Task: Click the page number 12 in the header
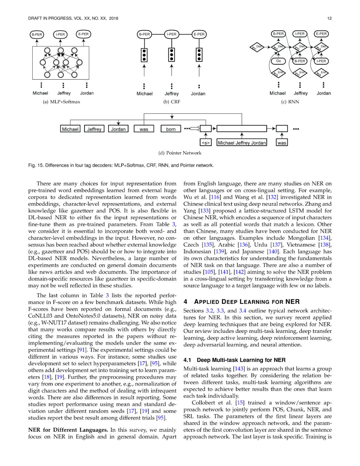click(329, 18)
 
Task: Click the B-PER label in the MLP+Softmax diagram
click(37, 34)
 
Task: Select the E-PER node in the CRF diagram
click(199, 34)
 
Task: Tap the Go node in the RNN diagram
click(278, 61)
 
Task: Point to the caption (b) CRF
click(172, 102)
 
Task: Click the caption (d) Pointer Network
click(180, 153)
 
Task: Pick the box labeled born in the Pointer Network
click(171, 129)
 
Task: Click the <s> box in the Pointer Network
click(206, 143)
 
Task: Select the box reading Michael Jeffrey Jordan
click(242, 143)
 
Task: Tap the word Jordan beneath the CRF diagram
click(198, 94)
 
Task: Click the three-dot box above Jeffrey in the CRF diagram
click(172, 55)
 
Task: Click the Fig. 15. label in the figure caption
click(36, 165)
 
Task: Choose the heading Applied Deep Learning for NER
click(247, 302)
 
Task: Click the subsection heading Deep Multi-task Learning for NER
click(241, 360)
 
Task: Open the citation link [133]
click(204, 211)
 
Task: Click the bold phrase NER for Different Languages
click(68, 430)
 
